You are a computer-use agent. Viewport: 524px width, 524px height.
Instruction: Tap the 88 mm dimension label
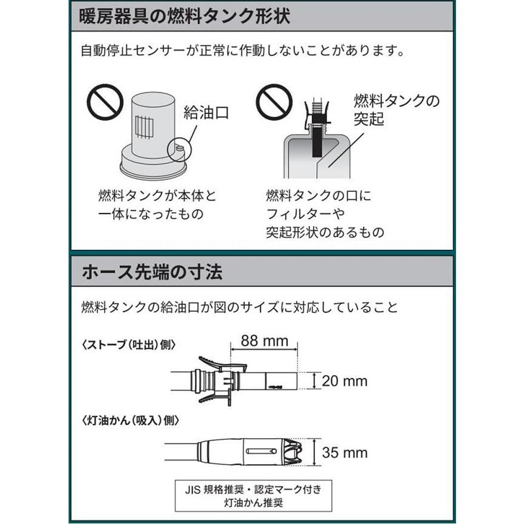pyautogui.click(x=263, y=341)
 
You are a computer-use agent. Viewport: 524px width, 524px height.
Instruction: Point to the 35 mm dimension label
pyautogui.click(x=345, y=452)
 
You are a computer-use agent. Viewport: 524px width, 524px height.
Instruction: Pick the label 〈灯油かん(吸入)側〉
pyautogui.click(x=129, y=420)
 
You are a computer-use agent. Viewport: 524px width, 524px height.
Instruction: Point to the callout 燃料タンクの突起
pyautogui.click(x=396, y=108)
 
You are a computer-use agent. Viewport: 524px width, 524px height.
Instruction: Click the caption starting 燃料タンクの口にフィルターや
pyautogui.click(x=325, y=213)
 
